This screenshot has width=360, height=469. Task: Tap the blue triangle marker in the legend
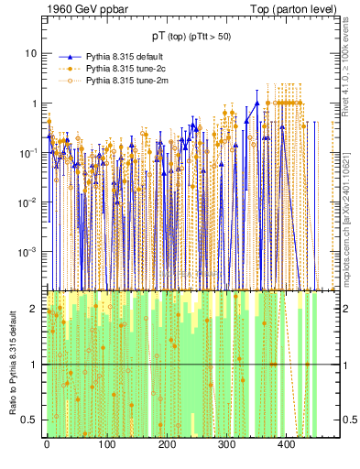tap(69, 58)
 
